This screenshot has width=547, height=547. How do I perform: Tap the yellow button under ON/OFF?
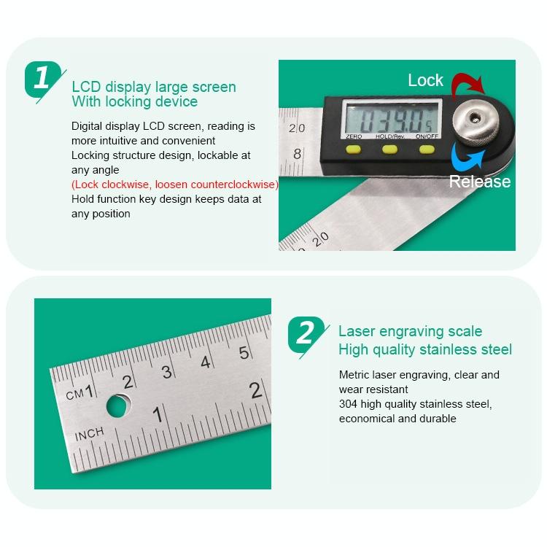tap(425, 149)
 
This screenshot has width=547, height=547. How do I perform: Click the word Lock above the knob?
tap(425, 80)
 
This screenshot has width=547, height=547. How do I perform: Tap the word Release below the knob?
tap(479, 182)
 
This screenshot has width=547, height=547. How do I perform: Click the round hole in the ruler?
tap(119, 406)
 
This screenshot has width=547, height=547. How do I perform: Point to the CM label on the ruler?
tap(75, 395)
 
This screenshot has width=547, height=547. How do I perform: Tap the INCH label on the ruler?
tap(89, 433)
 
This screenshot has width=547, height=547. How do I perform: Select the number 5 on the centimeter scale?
tap(244, 352)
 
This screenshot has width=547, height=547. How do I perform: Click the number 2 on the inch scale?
tap(256, 389)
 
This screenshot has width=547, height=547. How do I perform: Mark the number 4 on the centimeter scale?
tap(206, 362)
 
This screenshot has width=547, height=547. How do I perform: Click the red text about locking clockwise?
tap(174, 185)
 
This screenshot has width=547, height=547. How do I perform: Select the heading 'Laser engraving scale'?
tap(410, 331)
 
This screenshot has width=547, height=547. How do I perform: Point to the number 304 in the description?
tap(350, 404)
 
